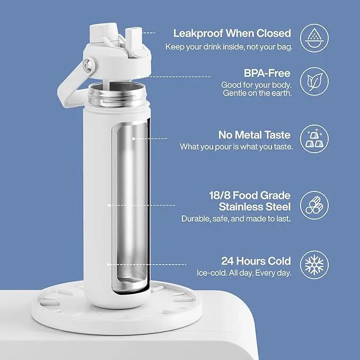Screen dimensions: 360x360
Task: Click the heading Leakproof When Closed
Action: pyautogui.click(x=232, y=33)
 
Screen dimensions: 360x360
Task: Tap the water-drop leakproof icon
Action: pyautogui.click(x=314, y=38)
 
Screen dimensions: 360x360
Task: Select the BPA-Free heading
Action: pyautogui.click(x=267, y=74)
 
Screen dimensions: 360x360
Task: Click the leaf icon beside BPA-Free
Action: pyautogui.click(x=314, y=82)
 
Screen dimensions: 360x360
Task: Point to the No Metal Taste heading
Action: pyautogui.click(x=254, y=135)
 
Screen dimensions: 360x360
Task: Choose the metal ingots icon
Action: pyautogui.click(x=314, y=139)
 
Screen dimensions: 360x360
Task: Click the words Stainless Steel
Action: pyautogui.click(x=254, y=207)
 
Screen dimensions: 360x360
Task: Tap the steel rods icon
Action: pyautogui.click(x=314, y=205)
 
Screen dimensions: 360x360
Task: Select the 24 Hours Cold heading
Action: pyautogui.click(x=256, y=261)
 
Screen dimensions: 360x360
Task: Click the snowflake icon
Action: pyautogui.click(x=314, y=265)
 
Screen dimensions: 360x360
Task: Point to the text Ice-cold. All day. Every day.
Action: pyautogui.click(x=244, y=273)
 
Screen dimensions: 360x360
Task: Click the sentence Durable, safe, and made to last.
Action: pyautogui.click(x=236, y=218)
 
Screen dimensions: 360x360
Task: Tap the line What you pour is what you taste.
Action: pyautogui.click(x=236, y=147)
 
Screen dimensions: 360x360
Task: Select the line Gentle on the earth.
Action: pyautogui.click(x=257, y=93)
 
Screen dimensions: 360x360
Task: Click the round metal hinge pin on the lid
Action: pyautogui.click(x=88, y=65)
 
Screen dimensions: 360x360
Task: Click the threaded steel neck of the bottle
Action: pyautogui.click(x=117, y=94)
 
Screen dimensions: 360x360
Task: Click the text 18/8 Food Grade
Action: pyautogui.click(x=250, y=196)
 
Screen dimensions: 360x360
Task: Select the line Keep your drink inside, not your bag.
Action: pyautogui.click(x=229, y=47)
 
